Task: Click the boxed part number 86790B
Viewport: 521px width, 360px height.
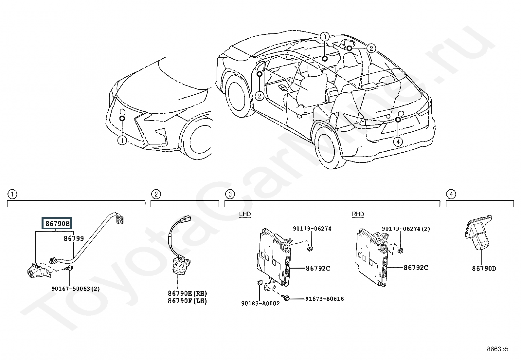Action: [57, 223]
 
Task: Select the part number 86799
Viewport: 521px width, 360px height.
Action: [74, 238]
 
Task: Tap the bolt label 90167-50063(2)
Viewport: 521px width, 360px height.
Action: [76, 289]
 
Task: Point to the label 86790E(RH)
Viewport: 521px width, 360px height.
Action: [188, 293]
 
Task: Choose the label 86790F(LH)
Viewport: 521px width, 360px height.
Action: [188, 301]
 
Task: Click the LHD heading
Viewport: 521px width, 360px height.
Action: [245, 214]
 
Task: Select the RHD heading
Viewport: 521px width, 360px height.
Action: [358, 214]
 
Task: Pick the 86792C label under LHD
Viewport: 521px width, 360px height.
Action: [318, 269]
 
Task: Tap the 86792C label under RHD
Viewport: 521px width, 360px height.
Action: [416, 268]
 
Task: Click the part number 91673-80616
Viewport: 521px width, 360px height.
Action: [324, 299]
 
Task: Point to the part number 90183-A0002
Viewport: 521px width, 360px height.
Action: [260, 303]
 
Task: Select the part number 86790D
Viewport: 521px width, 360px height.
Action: [484, 269]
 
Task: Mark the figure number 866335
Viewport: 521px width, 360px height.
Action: [498, 349]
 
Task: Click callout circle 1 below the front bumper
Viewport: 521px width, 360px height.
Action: [122, 141]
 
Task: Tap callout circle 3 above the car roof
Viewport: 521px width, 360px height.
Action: [325, 37]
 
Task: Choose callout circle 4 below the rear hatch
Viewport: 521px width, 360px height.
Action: [398, 142]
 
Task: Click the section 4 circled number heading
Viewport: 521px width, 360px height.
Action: [451, 194]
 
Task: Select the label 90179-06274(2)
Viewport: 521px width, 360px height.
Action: [406, 229]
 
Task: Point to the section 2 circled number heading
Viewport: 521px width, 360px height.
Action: [156, 194]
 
